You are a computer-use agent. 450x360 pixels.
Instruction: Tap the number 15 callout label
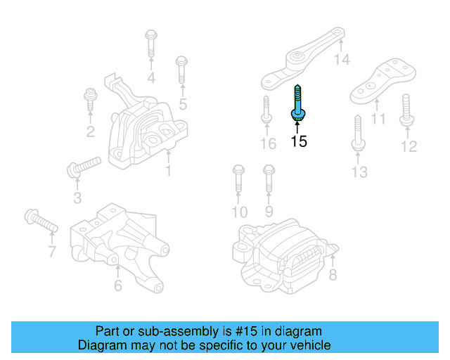point(299,141)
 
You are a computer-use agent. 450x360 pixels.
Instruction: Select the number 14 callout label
point(342,60)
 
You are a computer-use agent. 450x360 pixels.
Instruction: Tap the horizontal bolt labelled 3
point(84,167)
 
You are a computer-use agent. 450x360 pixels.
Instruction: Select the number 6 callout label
point(117,285)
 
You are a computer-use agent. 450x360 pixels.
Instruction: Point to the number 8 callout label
point(333,276)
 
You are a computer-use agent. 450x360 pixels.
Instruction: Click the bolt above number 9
point(268,179)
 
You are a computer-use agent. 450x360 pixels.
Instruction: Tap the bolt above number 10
point(237,179)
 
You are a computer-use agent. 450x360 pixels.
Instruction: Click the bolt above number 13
point(356,134)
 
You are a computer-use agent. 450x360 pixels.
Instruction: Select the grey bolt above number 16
point(266,110)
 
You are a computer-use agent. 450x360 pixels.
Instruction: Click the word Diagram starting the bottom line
point(101,345)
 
